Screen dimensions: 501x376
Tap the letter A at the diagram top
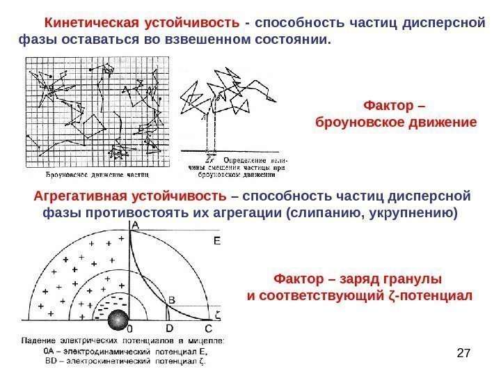coord(134,224)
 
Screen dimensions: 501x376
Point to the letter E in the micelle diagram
coord(216,240)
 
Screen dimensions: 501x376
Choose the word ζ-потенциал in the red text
coord(437,296)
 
